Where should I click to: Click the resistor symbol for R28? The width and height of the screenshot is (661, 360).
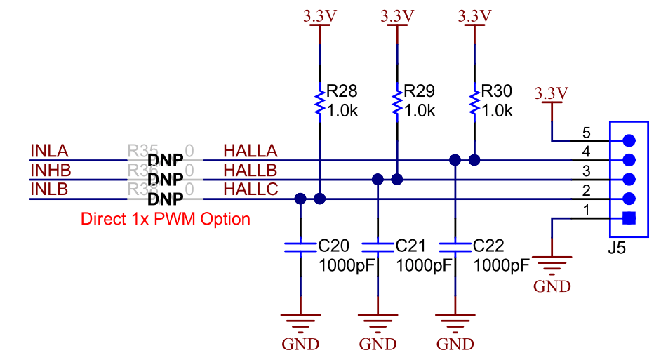(320, 101)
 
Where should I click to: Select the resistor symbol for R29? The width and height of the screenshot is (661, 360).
(398, 101)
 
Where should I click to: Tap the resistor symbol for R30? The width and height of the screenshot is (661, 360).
(475, 101)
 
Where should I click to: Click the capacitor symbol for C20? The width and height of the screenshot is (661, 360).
(300, 246)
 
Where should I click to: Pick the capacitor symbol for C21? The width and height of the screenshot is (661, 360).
(378, 246)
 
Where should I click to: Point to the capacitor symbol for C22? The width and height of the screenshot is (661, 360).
(455, 246)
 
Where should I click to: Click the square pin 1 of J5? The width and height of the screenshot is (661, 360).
(629, 218)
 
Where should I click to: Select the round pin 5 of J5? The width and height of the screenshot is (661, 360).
(629, 140)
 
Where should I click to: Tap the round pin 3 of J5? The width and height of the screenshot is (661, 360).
(629, 179)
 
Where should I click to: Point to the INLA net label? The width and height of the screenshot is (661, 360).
(49, 151)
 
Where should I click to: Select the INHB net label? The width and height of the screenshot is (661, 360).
(50, 170)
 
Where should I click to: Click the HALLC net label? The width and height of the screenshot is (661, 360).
(251, 189)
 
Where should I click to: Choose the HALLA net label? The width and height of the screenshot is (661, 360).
(251, 151)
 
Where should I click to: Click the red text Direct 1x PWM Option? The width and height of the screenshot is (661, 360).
(166, 219)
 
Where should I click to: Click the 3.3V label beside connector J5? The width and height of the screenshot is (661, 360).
(552, 93)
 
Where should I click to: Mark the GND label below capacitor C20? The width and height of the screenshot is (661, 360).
(300, 345)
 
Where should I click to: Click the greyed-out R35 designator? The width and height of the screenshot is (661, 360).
(142, 150)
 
